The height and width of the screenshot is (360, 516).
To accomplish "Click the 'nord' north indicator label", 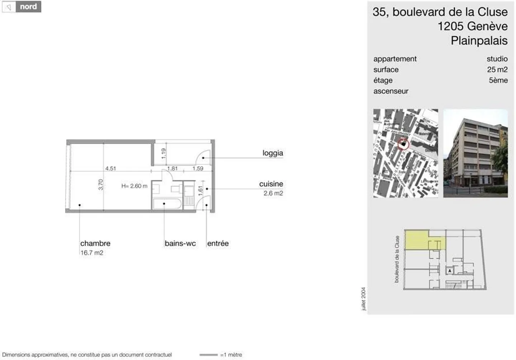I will click(x=28, y=6).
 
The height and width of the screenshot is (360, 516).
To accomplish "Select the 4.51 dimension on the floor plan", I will click(x=110, y=168).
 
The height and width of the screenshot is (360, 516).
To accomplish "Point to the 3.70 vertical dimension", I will click(x=101, y=185).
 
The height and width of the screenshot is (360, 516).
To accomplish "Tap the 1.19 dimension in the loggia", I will click(x=163, y=153).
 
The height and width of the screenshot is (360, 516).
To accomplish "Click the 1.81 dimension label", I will click(x=172, y=168).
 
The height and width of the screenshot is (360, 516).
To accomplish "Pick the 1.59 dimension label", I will click(x=197, y=168).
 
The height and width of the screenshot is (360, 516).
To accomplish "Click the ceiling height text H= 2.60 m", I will click(x=134, y=186).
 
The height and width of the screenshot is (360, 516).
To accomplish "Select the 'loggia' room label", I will click(x=272, y=153).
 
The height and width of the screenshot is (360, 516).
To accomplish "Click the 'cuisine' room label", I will click(x=271, y=184).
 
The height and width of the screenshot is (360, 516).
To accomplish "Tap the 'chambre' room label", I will click(x=95, y=243).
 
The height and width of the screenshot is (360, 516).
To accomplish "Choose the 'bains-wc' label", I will click(x=180, y=243).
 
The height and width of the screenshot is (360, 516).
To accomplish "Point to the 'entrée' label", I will click(x=218, y=243).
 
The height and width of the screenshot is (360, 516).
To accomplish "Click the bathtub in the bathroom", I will click(x=167, y=204).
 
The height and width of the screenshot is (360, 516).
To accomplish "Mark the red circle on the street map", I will click(x=403, y=144).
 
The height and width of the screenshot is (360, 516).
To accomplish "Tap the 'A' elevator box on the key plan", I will click(x=450, y=271).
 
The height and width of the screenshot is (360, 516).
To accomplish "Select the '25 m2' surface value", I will click(x=497, y=70).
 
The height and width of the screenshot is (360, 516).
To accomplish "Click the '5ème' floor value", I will click(x=498, y=80).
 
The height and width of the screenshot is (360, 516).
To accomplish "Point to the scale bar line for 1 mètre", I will click(x=208, y=355).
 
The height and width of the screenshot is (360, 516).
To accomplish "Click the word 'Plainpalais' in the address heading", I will click(x=479, y=41).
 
